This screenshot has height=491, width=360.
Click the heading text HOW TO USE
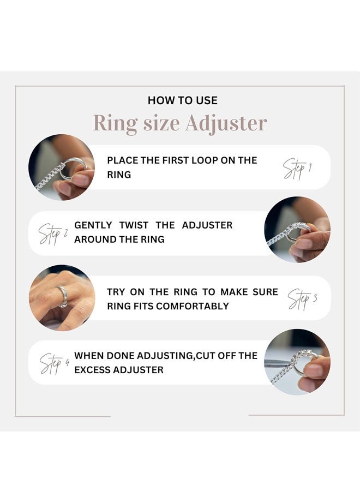tap(182, 100)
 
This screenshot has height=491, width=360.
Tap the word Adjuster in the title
tap(226, 124)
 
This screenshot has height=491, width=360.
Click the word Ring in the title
tap(115, 124)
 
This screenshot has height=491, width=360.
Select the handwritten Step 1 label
tap(297, 168)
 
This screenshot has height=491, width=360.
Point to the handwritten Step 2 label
tap(53, 233)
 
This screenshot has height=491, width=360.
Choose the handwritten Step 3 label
tap(302, 299)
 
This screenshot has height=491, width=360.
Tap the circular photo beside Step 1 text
tap(61, 167)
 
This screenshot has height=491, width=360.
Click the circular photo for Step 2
tap(297, 230)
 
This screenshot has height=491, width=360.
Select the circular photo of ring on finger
tap(62, 298)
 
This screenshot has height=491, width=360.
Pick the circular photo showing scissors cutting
tap(297, 362)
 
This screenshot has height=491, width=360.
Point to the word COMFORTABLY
tap(193, 306)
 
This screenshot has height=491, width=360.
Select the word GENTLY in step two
tap(93, 225)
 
